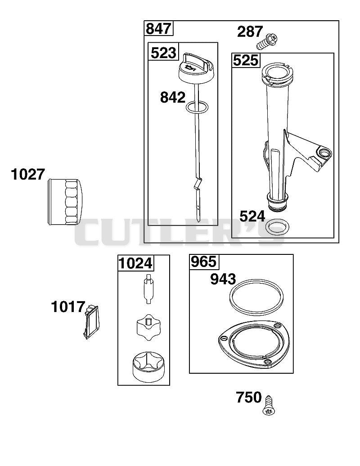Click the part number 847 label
(158, 29)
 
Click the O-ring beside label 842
(197, 107)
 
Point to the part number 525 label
(245, 61)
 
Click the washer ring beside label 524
(278, 227)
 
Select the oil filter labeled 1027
(64, 201)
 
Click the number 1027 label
(28, 174)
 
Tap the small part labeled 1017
(90, 321)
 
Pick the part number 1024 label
(135, 263)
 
